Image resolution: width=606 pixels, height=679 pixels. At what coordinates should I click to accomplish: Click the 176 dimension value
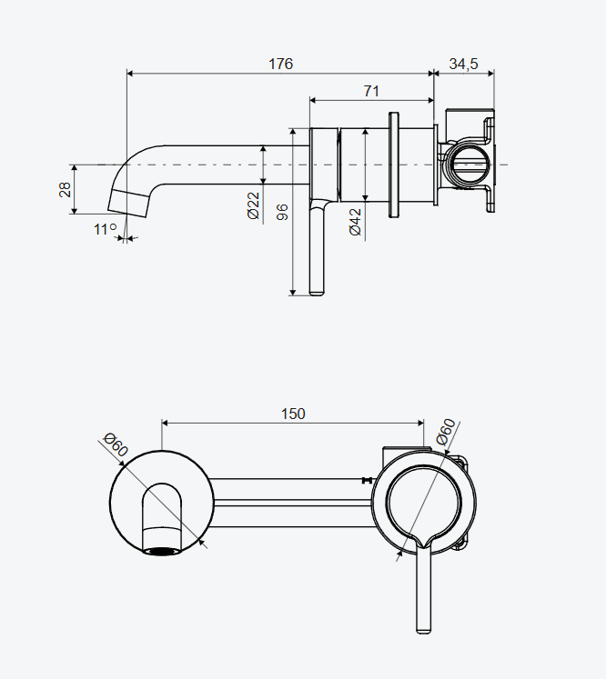tap(280, 64)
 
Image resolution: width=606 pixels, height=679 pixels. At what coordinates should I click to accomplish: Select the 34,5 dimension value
tap(463, 64)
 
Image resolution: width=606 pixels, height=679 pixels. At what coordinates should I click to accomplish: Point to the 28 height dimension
tap(65, 190)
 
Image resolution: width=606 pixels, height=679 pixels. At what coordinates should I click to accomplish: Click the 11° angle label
tap(106, 229)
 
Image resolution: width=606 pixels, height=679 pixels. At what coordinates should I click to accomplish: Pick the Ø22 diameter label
tap(253, 206)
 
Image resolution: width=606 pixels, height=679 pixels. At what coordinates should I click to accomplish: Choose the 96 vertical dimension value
tap(282, 213)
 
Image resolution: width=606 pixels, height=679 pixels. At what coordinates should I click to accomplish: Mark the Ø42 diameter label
tap(355, 222)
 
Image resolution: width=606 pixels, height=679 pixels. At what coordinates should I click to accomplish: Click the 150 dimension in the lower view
tap(293, 414)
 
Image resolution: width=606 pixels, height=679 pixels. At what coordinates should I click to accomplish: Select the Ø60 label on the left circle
tap(116, 446)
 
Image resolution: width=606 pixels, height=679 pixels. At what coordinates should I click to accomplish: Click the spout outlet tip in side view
tap(127, 205)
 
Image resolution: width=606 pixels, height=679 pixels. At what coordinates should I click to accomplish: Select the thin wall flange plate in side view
tap(394, 165)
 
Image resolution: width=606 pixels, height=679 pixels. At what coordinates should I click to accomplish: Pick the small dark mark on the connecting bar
tap(366, 479)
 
